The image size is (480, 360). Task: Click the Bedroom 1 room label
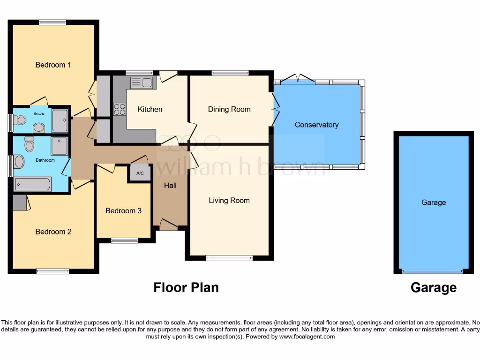point(53,65)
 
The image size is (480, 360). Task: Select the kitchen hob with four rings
point(120,109)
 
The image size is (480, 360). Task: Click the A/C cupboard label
point(140,173)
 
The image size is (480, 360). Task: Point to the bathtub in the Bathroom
point(32,184)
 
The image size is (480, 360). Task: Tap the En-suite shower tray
point(60,120)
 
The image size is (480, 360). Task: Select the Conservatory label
point(316,125)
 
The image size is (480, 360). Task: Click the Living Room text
point(229,200)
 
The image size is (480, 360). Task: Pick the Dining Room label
point(229,109)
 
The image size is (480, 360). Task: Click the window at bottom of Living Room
point(229,257)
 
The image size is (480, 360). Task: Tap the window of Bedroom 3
point(125,240)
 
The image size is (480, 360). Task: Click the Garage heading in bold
point(433,287)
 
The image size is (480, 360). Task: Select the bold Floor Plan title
point(186,287)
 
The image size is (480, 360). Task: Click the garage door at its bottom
point(433,271)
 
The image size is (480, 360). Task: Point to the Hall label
point(170,186)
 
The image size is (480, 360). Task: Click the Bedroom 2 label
point(53,232)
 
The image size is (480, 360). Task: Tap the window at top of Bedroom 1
point(52,22)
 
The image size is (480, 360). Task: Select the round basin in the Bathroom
point(18,162)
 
